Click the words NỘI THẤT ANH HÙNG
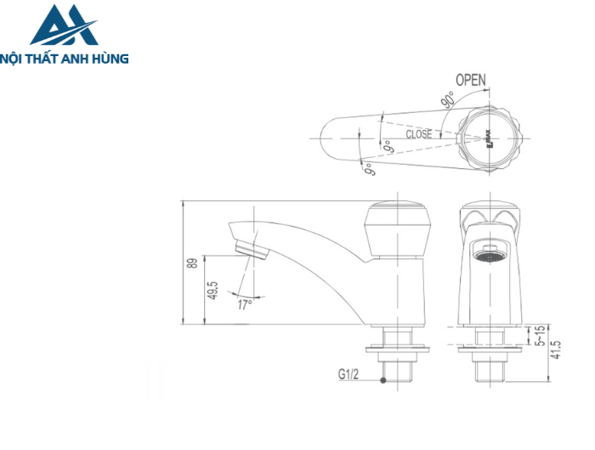click(x=65, y=59)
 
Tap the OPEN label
click(x=470, y=80)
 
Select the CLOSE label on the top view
click(x=418, y=134)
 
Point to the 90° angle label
click(x=448, y=99)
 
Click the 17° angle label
click(x=245, y=304)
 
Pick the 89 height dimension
click(x=192, y=263)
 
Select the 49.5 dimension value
click(x=212, y=291)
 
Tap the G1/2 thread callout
click(x=349, y=374)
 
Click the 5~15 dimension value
click(x=537, y=336)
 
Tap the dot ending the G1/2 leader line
click(x=383, y=381)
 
